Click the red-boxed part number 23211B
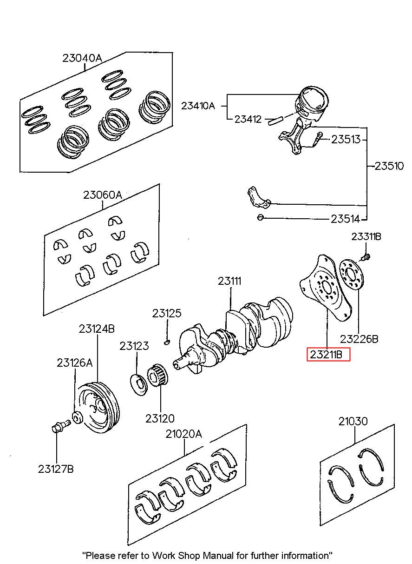(326, 355)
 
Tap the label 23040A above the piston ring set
(82, 58)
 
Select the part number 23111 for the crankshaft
(229, 281)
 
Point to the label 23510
(389, 166)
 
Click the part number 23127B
(56, 469)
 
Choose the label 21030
(353, 421)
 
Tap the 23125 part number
(167, 313)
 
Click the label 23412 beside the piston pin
(248, 119)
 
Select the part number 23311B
(366, 237)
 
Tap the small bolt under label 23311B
(366, 257)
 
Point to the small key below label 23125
(167, 342)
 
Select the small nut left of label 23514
(261, 217)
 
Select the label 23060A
(102, 195)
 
